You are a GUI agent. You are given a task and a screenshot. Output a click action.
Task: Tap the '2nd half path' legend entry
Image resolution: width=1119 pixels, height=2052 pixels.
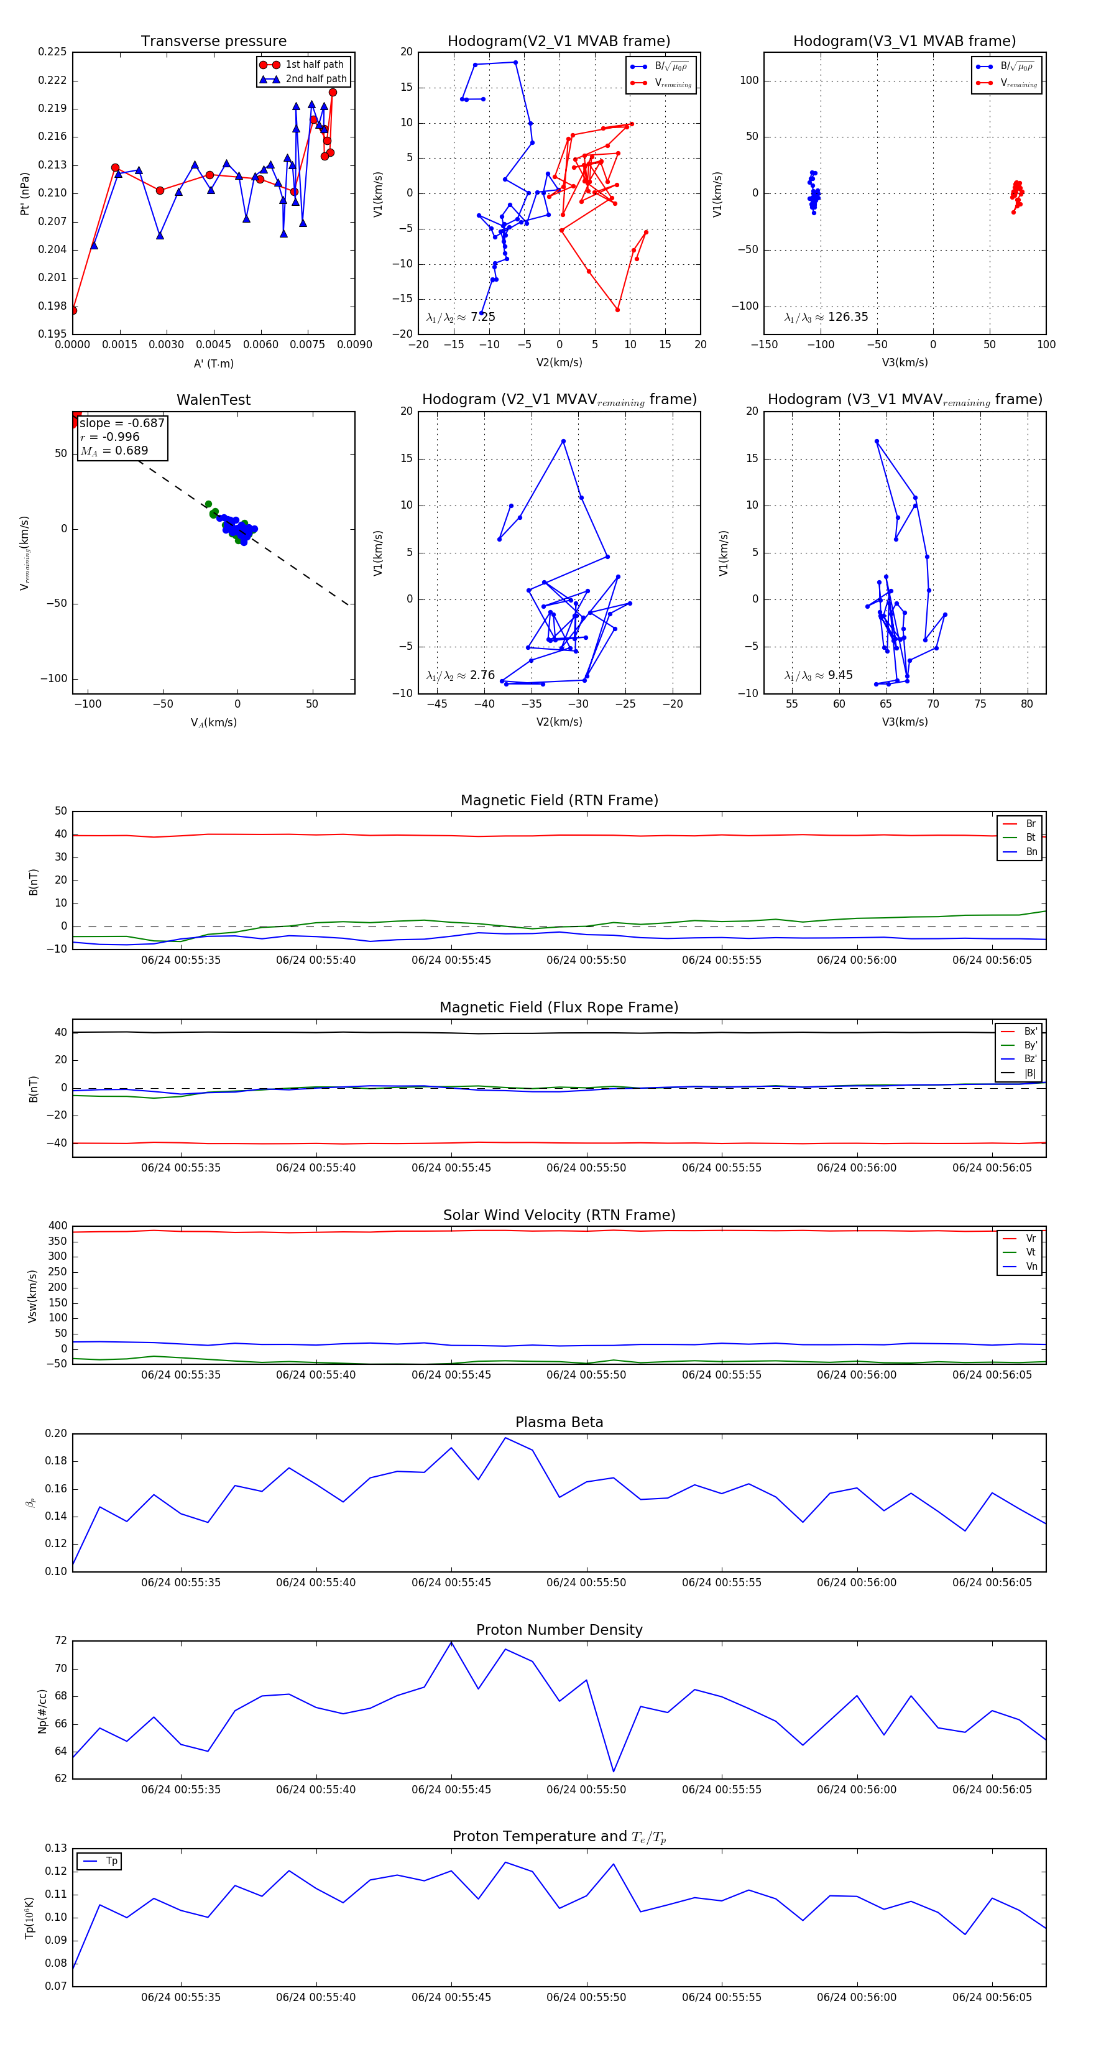pos(315,79)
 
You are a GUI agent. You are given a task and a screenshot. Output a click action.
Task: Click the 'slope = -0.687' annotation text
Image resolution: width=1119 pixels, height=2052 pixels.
pos(122,423)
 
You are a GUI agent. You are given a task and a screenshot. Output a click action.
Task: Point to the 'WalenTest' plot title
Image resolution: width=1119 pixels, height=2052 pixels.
pos(213,400)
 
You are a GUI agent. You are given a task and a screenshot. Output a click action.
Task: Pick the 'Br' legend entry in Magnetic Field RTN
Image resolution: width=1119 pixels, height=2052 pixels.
pos(1030,824)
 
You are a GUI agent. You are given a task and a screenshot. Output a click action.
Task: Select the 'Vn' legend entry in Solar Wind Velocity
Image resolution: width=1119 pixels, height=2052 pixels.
pos(1031,1267)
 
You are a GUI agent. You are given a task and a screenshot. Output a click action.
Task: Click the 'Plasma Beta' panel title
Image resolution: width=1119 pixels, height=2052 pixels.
pos(559,1422)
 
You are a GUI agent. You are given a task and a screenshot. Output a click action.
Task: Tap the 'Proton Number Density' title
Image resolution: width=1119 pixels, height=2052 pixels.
pos(559,1630)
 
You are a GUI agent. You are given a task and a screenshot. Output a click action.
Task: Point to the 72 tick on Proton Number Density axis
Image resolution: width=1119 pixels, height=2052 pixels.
pos(60,1641)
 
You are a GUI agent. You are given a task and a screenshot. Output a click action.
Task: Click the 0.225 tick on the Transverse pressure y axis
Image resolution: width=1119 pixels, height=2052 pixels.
pos(53,52)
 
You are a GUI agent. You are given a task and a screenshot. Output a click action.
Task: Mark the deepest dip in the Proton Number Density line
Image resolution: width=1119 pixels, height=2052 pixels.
pos(613,1772)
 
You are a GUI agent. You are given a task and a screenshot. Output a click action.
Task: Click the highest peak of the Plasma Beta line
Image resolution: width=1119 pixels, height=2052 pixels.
pos(505,1438)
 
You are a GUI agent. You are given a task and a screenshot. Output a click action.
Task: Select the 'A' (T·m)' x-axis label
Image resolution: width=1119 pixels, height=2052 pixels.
pos(213,363)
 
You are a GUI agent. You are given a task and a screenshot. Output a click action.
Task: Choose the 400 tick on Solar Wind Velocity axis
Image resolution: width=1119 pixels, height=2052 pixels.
pos(57,1226)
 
